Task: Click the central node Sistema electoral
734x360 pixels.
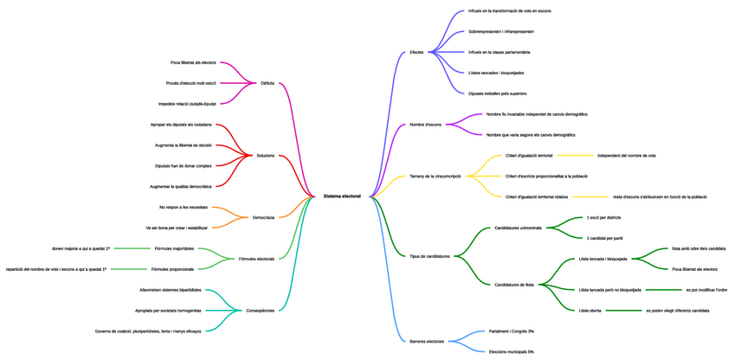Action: [x=342, y=196]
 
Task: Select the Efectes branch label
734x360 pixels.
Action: [x=416, y=53]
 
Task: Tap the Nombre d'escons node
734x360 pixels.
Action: [x=425, y=125]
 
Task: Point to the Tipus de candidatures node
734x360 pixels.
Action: [x=429, y=256]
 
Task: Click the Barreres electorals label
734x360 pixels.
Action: [x=427, y=341]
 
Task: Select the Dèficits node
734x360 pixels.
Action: [x=267, y=83]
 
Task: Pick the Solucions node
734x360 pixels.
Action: [x=265, y=156]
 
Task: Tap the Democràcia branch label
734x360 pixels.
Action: [x=263, y=217]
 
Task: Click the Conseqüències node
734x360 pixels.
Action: [x=260, y=310]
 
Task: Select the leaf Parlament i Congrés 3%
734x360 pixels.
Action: [x=511, y=331]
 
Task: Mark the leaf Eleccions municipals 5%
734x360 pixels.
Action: [x=511, y=351]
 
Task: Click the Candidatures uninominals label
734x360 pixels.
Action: [x=518, y=228]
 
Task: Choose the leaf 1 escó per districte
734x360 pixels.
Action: [x=603, y=217]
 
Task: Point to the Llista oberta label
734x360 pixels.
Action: [x=589, y=310]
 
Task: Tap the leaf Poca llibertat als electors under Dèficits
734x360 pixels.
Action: [x=193, y=62]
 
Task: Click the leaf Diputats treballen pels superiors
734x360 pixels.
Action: [x=497, y=93]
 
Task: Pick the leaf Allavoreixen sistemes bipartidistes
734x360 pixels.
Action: [x=170, y=290]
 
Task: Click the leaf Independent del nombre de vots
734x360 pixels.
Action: [x=626, y=156]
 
